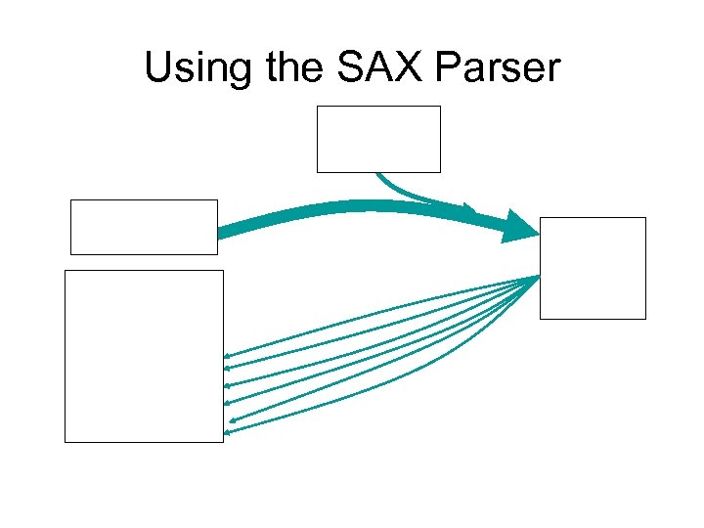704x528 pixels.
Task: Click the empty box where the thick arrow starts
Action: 144,227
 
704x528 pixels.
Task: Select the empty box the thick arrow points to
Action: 593,268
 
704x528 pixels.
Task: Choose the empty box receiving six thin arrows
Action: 144,356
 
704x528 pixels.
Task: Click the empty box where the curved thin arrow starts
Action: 378,139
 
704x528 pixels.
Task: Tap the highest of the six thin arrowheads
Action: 227,355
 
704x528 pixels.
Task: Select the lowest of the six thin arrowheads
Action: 229,431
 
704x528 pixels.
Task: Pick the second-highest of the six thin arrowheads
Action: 227,370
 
